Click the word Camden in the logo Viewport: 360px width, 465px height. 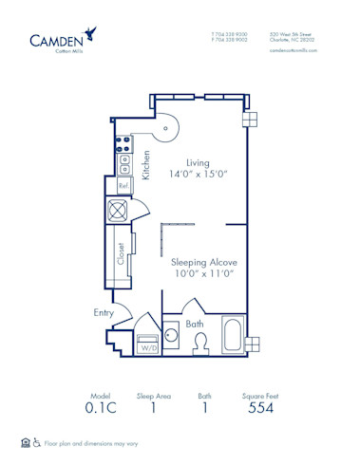55,40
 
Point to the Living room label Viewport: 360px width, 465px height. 197,162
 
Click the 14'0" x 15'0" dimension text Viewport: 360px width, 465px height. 197,176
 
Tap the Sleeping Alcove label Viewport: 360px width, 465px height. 203,261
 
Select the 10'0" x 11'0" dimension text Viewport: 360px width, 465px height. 203,273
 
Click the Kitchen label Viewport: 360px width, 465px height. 146,165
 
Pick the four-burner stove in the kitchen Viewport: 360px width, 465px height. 123,146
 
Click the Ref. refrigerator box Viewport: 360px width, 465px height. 123,186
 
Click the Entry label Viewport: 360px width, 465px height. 104,311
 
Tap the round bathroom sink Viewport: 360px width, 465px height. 173,335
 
